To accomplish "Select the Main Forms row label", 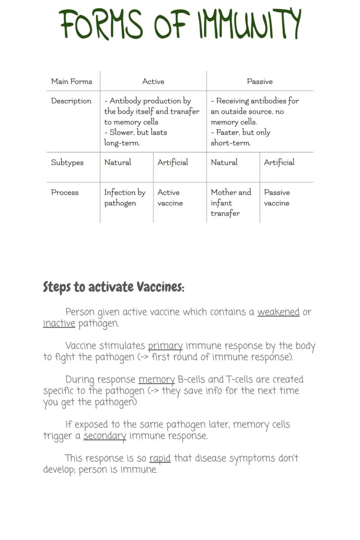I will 72,81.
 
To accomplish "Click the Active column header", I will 153,81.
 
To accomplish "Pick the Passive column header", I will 260,81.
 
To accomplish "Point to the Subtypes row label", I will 67,163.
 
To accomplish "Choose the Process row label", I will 65,193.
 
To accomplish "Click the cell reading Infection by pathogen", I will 125,198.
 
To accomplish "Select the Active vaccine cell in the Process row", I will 170,198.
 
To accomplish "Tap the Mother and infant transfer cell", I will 231,203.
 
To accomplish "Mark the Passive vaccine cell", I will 277,198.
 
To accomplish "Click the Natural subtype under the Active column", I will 118,163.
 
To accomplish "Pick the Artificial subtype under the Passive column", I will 279,163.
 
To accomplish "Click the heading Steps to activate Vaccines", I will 113,287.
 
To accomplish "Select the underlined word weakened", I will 278,312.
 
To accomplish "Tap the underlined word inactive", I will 59,323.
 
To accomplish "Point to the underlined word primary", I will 165,346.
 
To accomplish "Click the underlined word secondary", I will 105,436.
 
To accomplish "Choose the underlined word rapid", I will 160,458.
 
